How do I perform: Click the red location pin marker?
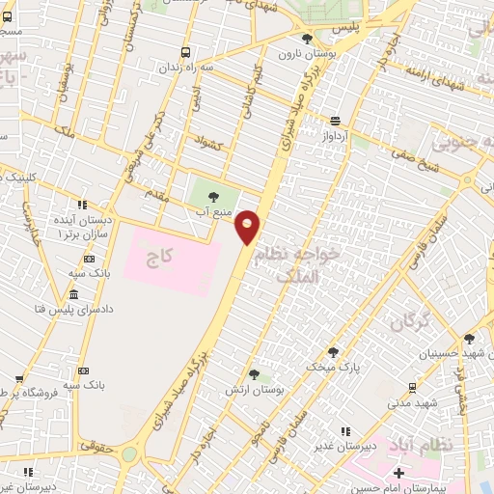coord(248,226)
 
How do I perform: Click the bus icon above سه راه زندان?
coord(185,53)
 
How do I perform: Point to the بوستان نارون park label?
coord(306,54)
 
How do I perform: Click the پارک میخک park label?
coord(333,368)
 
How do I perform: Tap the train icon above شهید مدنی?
coord(413,387)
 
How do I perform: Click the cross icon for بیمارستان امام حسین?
coord(398,475)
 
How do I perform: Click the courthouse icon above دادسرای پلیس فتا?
coord(73,294)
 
